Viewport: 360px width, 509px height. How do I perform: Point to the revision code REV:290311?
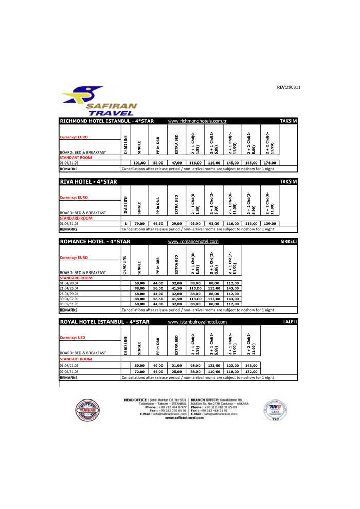click(x=289, y=87)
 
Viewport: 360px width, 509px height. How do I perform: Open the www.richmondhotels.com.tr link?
click(x=197, y=121)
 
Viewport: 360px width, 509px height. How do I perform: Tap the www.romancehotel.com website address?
click(x=193, y=241)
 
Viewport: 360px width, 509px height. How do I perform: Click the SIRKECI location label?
click(x=290, y=241)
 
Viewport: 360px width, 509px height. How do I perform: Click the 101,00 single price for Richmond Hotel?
click(x=140, y=162)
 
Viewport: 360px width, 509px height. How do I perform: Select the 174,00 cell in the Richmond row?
click(x=269, y=162)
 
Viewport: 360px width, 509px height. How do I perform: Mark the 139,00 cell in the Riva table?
click(x=269, y=224)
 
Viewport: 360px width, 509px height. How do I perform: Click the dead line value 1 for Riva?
click(x=125, y=224)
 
